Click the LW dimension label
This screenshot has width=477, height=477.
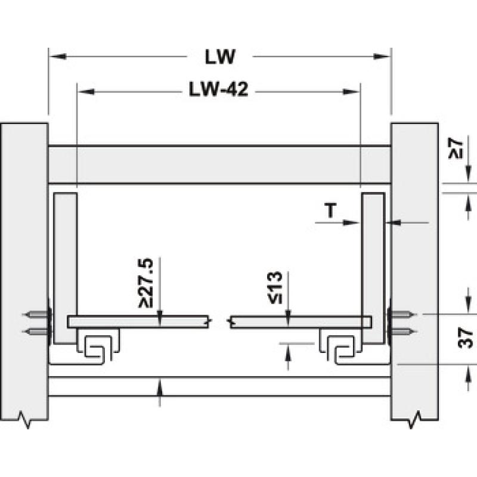click(220, 57)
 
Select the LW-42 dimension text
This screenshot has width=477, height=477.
click(218, 89)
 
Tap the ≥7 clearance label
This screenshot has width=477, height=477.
click(456, 148)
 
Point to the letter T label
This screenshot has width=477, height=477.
click(331, 210)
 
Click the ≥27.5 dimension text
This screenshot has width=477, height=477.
click(145, 283)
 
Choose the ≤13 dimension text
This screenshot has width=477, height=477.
click(275, 288)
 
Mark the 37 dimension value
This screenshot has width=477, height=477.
click(466, 337)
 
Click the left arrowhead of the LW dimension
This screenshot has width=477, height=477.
click(57, 56)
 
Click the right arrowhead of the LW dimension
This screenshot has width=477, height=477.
click(382, 56)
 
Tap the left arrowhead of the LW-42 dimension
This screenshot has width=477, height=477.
click(86, 92)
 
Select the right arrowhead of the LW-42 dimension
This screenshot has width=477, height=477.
click(352, 92)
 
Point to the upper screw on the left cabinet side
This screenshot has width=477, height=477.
click(36, 314)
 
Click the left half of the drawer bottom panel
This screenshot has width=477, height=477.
click(138, 322)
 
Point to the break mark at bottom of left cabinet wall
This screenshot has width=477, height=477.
click(25, 420)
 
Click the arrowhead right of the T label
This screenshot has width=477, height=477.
click(351, 222)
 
